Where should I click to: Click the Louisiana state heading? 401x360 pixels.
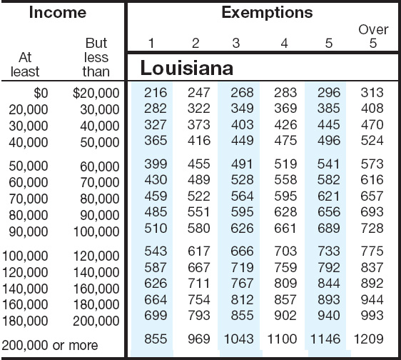click(x=187, y=68)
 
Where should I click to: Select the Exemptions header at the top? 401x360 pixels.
click(x=267, y=13)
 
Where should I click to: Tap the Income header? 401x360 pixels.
click(x=58, y=12)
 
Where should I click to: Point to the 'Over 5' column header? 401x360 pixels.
click(x=373, y=36)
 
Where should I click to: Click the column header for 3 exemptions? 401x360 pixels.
click(x=236, y=43)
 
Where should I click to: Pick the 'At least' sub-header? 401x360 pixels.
click(x=25, y=64)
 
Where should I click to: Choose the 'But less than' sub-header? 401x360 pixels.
click(x=96, y=57)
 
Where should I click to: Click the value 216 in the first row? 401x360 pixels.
click(x=156, y=93)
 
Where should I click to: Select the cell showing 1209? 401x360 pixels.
click(x=368, y=339)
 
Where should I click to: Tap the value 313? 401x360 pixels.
click(x=372, y=93)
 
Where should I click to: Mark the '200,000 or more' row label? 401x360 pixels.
click(x=50, y=345)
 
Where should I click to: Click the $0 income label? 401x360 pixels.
click(x=41, y=93)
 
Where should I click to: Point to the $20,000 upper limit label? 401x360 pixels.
click(x=96, y=93)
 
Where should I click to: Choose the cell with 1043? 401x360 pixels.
click(x=238, y=339)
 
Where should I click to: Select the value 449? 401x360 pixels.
click(x=242, y=141)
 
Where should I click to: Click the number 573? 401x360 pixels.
click(x=372, y=164)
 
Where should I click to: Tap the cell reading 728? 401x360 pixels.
click(x=372, y=228)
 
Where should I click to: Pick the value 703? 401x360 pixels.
click(x=285, y=251)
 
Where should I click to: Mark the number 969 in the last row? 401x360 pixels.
click(x=199, y=339)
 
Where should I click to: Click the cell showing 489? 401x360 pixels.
click(x=199, y=180)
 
